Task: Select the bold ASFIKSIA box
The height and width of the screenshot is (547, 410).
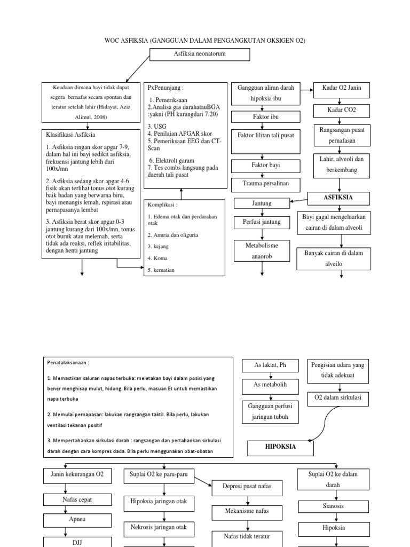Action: (x=339, y=198)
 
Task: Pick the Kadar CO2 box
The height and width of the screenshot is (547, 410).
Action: (x=341, y=111)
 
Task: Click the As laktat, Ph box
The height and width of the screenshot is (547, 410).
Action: (x=271, y=365)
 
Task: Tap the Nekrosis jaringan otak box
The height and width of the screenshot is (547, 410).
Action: (x=159, y=527)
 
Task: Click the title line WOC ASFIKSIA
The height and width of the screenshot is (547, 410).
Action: (x=204, y=41)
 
